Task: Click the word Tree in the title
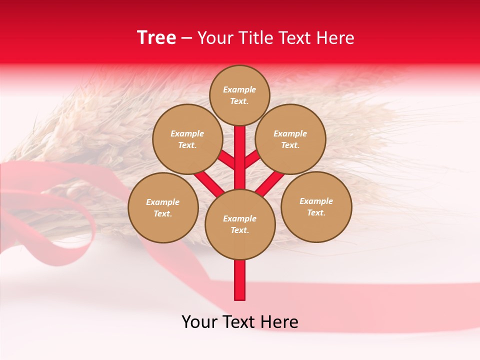[156, 38]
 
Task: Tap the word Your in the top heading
[216, 38]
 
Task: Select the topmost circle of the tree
[239, 95]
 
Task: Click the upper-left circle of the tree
[187, 139]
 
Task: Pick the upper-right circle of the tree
[290, 139]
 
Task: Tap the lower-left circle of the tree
[163, 207]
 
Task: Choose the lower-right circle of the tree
[316, 206]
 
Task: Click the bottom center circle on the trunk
[240, 224]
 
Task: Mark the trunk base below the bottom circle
[240, 280]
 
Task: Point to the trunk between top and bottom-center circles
[240, 157]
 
